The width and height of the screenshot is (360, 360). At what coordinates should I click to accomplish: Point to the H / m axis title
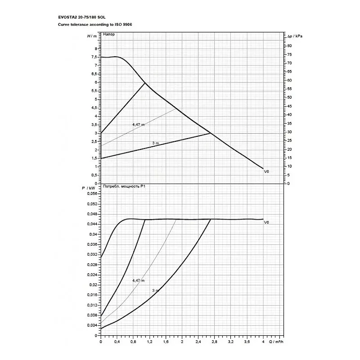(91, 35)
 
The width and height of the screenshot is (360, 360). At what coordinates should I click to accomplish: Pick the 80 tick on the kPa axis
(290, 46)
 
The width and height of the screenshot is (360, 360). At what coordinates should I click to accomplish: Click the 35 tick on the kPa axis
(290, 123)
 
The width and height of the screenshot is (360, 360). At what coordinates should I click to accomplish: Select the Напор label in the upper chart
(108, 35)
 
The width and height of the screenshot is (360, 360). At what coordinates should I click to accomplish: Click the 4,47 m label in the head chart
(138, 124)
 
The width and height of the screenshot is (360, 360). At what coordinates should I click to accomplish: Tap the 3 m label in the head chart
(156, 143)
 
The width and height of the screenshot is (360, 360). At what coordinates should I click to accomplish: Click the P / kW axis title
(89, 187)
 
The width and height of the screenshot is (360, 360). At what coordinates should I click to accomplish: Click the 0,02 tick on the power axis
(94, 285)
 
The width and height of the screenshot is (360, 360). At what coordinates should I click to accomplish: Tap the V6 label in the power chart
(266, 222)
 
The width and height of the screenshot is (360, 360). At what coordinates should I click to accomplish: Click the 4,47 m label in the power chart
(138, 280)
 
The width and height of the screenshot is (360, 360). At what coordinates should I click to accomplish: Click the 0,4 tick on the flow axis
(117, 342)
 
